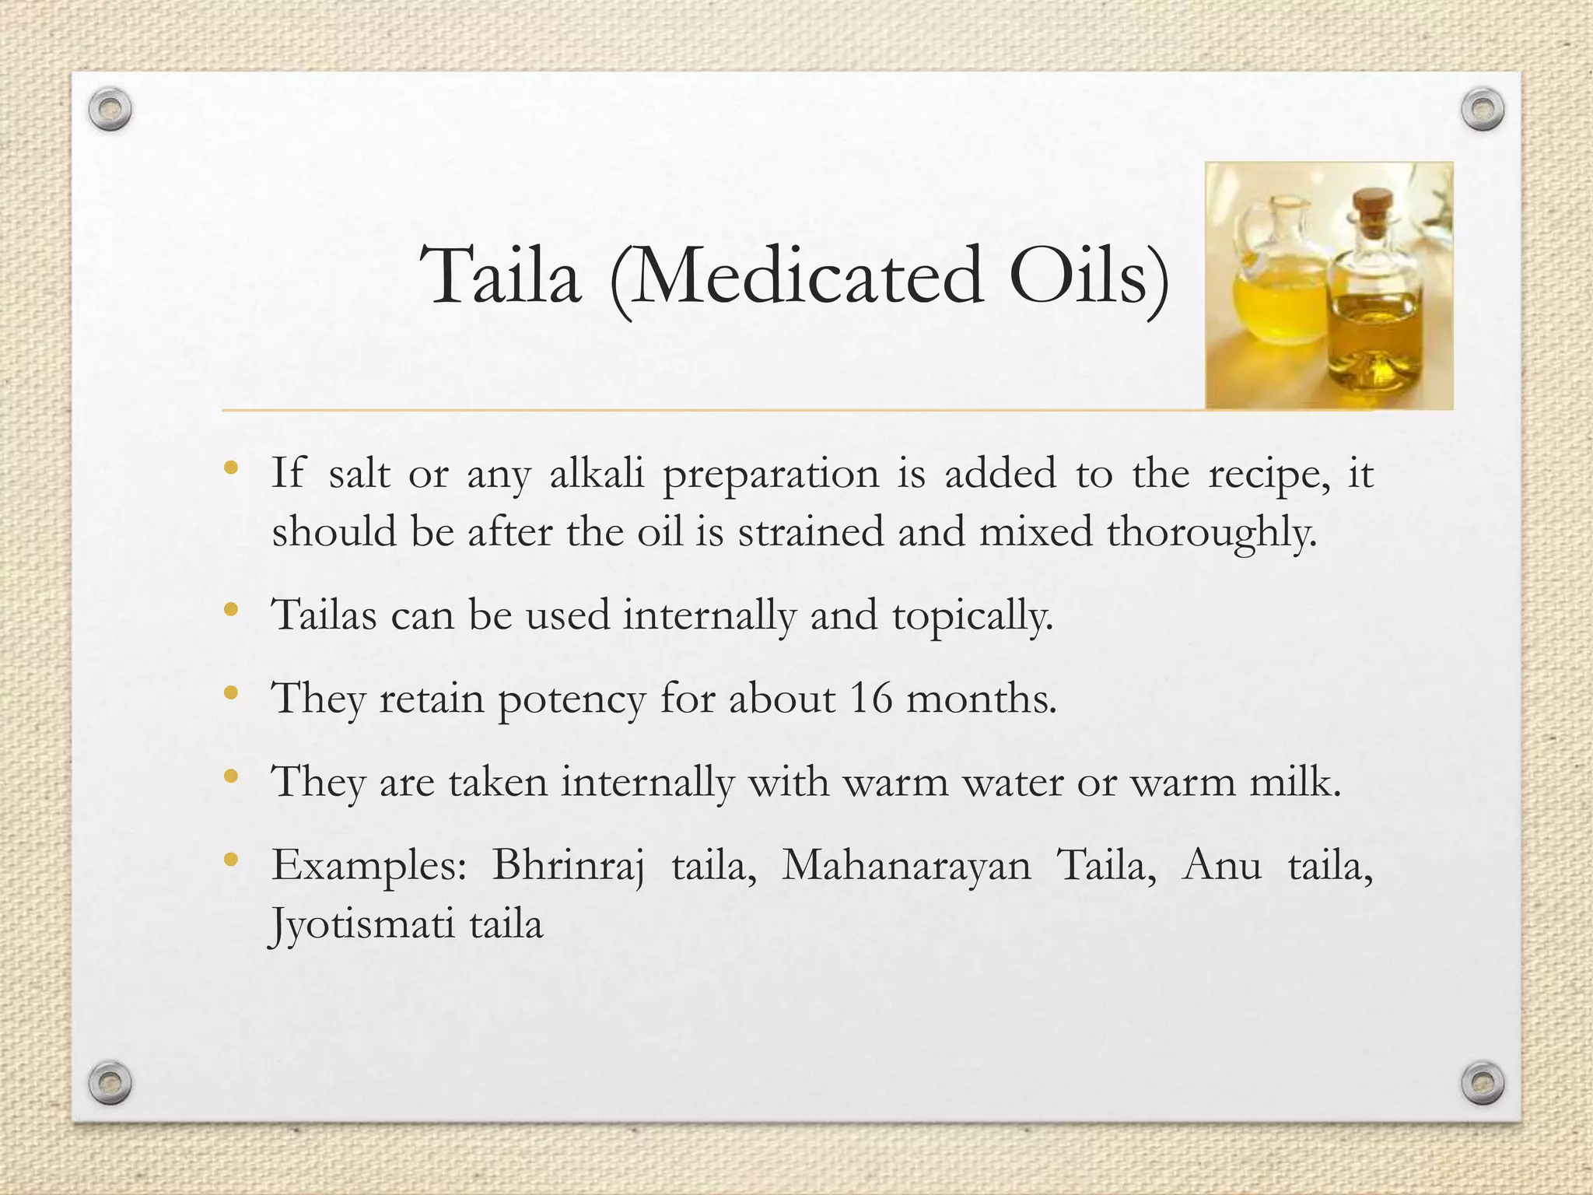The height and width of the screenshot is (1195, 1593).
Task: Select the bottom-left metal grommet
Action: (x=110, y=1082)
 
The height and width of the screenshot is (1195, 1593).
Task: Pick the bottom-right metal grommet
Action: (x=1483, y=1082)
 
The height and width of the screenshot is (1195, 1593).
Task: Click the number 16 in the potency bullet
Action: (x=870, y=698)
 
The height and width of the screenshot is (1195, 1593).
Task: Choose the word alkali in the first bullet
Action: (x=597, y=473)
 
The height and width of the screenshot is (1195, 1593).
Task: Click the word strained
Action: (x=811, y=532)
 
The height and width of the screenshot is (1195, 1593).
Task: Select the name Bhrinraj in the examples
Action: (x=569, y=865)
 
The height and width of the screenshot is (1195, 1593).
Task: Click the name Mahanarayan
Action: (x=906, y=865)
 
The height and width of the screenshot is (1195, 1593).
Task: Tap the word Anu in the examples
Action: (x=1221, y=865)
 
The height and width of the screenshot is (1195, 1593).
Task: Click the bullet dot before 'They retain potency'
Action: (x=229, y=692)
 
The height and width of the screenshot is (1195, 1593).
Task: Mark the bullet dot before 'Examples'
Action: (x=229, y=860)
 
